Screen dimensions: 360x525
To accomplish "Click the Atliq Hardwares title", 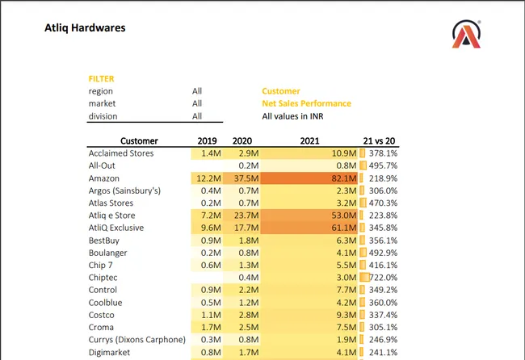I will click(x=85, y=29).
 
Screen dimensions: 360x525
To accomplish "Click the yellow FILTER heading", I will click(x=101, y=79).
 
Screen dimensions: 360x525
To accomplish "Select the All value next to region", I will click(x=197, y=91).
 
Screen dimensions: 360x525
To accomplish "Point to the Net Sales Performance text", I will click(x=306, y=103).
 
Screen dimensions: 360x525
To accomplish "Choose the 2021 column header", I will click(x=309, y=140).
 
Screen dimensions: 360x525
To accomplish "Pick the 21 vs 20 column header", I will click(x=380, y=140).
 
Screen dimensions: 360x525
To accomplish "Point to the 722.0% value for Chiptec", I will click(x=382, y=278).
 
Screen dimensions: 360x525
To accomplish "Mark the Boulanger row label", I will click(x=109, y=253).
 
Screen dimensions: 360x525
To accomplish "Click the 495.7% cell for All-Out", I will click(x=382, y=165).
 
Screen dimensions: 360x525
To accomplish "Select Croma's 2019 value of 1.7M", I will click(x=209, y=328).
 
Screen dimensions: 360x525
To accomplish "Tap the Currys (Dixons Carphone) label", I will click(x=136, y=340).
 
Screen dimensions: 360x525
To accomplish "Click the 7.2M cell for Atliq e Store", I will click(x=209, y=216).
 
